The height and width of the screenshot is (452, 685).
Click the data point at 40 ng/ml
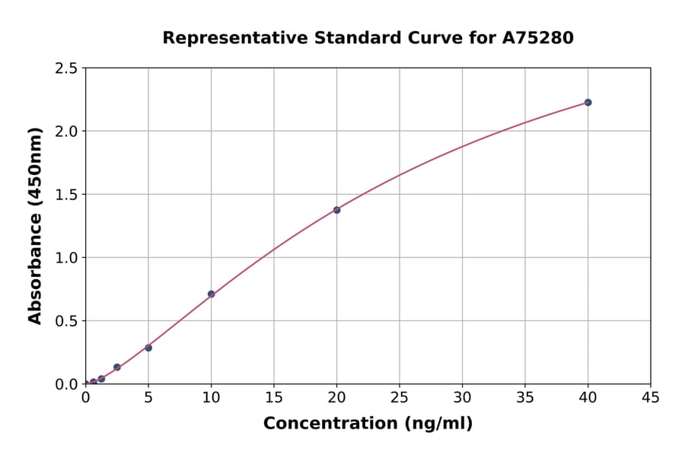[x=588, y=102]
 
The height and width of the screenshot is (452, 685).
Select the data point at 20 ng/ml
[x=336, y=210]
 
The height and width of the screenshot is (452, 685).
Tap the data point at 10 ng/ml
[x=211, y=294]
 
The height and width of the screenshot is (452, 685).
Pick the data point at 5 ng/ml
[x=148, y=348]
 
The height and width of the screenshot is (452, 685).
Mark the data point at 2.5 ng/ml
[x=117, y=367]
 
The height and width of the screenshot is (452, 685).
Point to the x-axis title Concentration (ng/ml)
[x=368, y=424]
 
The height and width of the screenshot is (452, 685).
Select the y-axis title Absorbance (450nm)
[x=35, y=226]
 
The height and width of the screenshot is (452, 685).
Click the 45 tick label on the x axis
[x=651, y=397]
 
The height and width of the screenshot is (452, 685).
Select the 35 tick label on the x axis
[x=525, y=397]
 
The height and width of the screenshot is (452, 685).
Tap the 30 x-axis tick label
[x=462, y=397]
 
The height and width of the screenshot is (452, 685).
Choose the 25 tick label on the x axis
[x=400, y=397]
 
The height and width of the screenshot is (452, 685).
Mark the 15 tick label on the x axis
[x=274, y=397]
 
